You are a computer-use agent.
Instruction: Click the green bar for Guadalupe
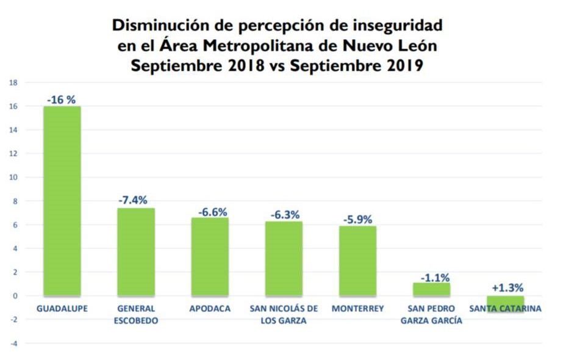tap(62, 201)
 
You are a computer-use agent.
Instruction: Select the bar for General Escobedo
tap(136, 252)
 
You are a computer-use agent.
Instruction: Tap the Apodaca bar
tap(210, 257)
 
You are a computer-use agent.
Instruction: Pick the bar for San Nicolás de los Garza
tap(284, 259)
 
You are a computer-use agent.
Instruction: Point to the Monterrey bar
tap(358, 261)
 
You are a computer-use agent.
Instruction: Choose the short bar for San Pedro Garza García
tap(432, 289)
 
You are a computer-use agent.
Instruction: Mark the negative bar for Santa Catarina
tap(506, 303)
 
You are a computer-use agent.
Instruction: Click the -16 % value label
tap(62, 99)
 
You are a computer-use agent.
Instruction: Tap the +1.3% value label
tap(507, 288)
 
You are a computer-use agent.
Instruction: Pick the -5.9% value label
tap(359, 218)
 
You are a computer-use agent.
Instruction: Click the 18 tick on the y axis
tap(13, 82)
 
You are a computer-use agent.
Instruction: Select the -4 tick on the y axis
tap(13, 344)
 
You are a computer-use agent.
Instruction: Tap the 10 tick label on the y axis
tap(13, 178)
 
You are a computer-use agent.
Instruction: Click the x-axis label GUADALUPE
tap(62, 309)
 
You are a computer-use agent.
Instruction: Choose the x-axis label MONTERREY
tap(358, 309)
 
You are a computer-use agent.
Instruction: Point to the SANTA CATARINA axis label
tap(506, 309)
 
